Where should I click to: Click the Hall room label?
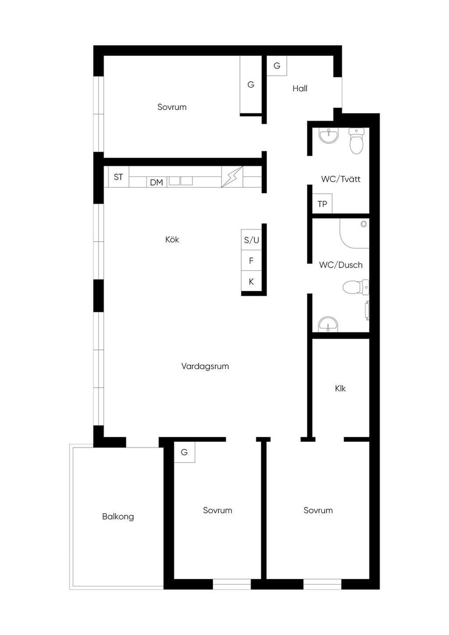300,89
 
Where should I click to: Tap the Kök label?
172,239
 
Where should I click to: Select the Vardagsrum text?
205,366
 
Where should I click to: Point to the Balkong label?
118,517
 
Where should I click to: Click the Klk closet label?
340,389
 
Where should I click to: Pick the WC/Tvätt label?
341,179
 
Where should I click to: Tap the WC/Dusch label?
341,265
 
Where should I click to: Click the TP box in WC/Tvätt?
322,204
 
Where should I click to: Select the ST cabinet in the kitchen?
118,177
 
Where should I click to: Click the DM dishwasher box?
157,182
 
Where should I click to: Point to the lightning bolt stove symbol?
232,177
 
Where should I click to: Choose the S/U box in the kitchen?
251,240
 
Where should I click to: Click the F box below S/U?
251,260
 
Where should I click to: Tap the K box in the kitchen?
251,281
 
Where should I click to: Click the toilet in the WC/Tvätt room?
356,141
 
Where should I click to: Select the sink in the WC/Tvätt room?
329,136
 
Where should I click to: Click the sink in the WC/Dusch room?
328,325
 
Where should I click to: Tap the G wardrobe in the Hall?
277,66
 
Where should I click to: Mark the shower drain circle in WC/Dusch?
363,224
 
